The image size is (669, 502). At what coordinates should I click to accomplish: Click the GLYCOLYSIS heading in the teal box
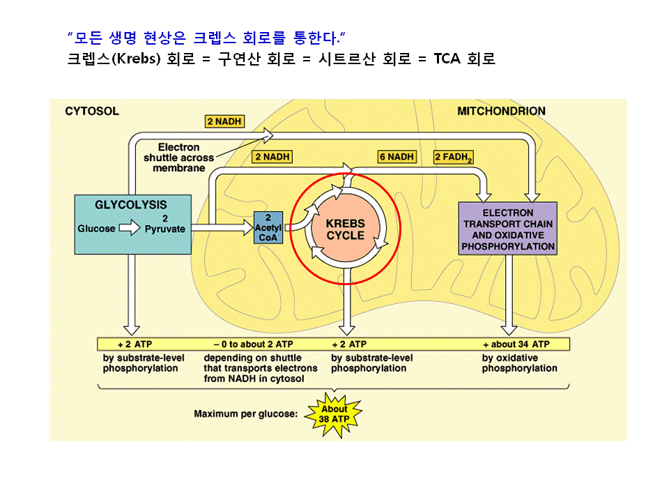point(132,205)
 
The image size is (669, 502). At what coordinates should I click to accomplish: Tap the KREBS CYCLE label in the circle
point(346,229)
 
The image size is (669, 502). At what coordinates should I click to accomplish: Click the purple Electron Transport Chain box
point(508,229)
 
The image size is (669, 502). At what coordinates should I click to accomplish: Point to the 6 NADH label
point(397,157)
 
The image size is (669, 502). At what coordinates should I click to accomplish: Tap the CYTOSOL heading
point(92,111)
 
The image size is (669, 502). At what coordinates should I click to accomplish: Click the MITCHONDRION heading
point(501,111)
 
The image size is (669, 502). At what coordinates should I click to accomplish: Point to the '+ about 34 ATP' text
point(516,344)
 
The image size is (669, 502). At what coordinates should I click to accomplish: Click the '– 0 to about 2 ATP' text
point(253,344)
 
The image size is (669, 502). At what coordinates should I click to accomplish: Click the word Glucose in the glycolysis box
point(97,229)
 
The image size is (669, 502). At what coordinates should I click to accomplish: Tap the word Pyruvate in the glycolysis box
point(165,229)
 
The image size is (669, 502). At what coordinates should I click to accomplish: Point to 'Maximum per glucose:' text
point(245,414)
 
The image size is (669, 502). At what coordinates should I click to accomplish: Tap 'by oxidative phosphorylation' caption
point(519,363)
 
